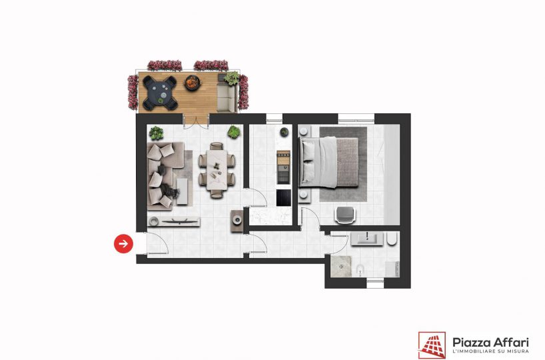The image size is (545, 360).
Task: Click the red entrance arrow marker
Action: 123,244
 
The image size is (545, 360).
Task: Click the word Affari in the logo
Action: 512,341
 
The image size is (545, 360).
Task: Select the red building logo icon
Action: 432,345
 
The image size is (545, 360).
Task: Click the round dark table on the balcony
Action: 160,93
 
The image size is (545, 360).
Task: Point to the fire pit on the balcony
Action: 193,83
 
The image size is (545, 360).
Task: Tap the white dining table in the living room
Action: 217,170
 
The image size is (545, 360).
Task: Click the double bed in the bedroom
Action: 328,163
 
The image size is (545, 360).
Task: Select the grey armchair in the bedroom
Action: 345,214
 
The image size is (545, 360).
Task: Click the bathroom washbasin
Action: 367,239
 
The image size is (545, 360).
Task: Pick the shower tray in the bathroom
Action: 341,267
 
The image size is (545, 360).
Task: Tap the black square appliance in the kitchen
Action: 284,197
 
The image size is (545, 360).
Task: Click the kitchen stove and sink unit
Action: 284,167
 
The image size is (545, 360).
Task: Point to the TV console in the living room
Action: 173,221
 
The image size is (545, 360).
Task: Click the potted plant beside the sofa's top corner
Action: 156,133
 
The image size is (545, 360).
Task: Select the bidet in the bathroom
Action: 360,270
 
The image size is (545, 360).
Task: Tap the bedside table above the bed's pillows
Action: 304,131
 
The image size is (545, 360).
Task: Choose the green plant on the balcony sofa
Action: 232,78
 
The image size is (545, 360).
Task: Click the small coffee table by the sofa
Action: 182,191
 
